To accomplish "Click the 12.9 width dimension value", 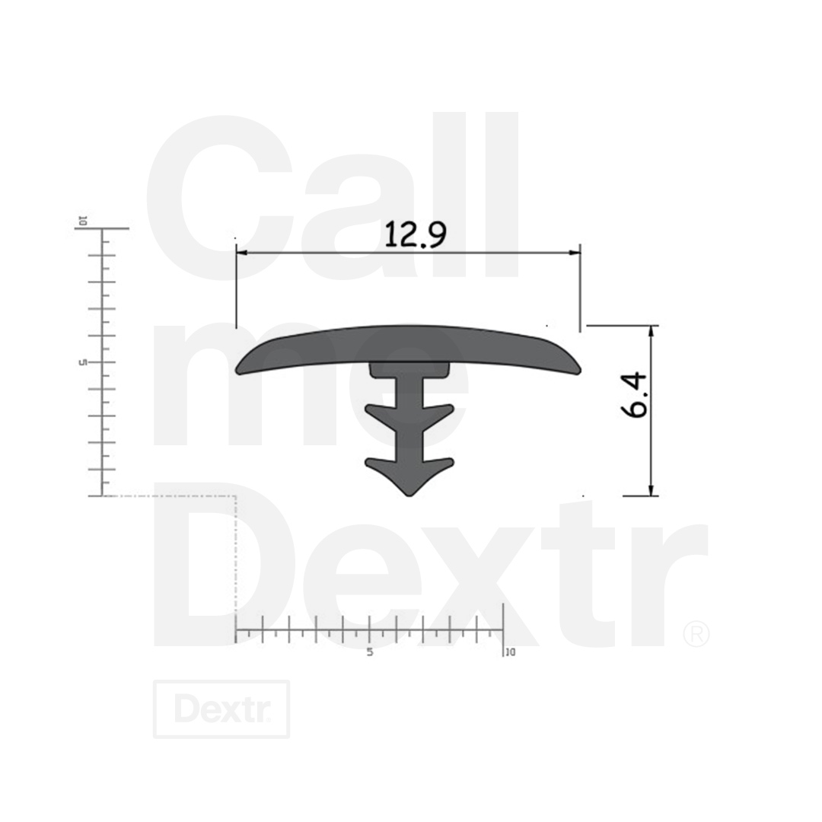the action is [x=416, y=234].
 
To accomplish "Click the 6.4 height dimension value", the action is [x=634, y=394].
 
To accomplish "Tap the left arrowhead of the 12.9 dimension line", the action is [x=242, y=253].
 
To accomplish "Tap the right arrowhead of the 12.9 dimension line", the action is [x=574, y=253].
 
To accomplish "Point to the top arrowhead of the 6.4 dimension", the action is [x=652, y=332].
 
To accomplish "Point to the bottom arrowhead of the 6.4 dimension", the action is [x=652, y=489].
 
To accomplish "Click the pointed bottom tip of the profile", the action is [x=409, y=495].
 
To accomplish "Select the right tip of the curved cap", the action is [x=578, y=370].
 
